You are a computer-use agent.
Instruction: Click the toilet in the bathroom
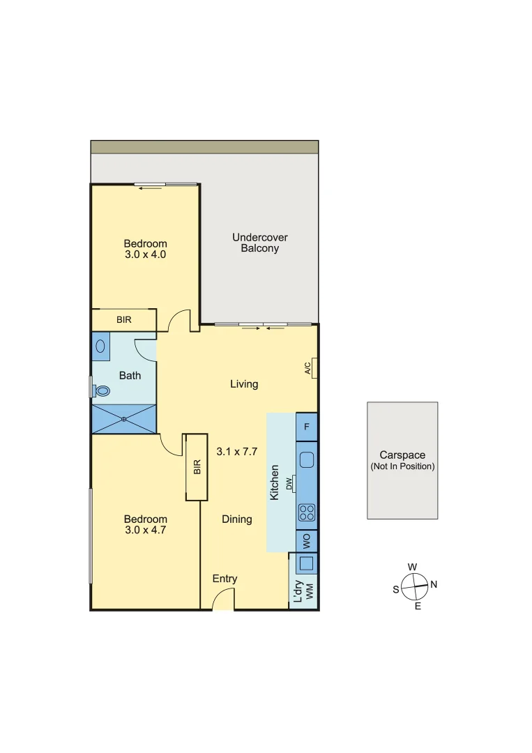point(102,390)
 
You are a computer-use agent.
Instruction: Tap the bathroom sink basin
point(102,346)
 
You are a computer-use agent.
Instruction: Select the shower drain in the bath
point(123,419)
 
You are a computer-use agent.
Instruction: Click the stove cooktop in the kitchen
point(307,512)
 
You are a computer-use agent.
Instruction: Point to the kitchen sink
point(307,460)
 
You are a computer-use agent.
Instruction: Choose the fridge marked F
point(307,426)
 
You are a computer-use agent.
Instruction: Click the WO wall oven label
point(306,541)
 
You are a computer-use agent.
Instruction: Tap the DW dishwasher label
point(289,484)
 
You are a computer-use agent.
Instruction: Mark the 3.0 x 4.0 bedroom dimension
point(145,254)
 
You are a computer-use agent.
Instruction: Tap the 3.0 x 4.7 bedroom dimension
point(145,530)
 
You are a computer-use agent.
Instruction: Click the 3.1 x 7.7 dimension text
point(237,451)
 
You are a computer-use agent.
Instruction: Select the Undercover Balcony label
point(259,243)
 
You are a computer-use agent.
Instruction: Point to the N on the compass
point(434,585)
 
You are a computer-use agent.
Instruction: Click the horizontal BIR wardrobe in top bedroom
point(124,320)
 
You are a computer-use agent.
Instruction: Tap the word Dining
point(237,519)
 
